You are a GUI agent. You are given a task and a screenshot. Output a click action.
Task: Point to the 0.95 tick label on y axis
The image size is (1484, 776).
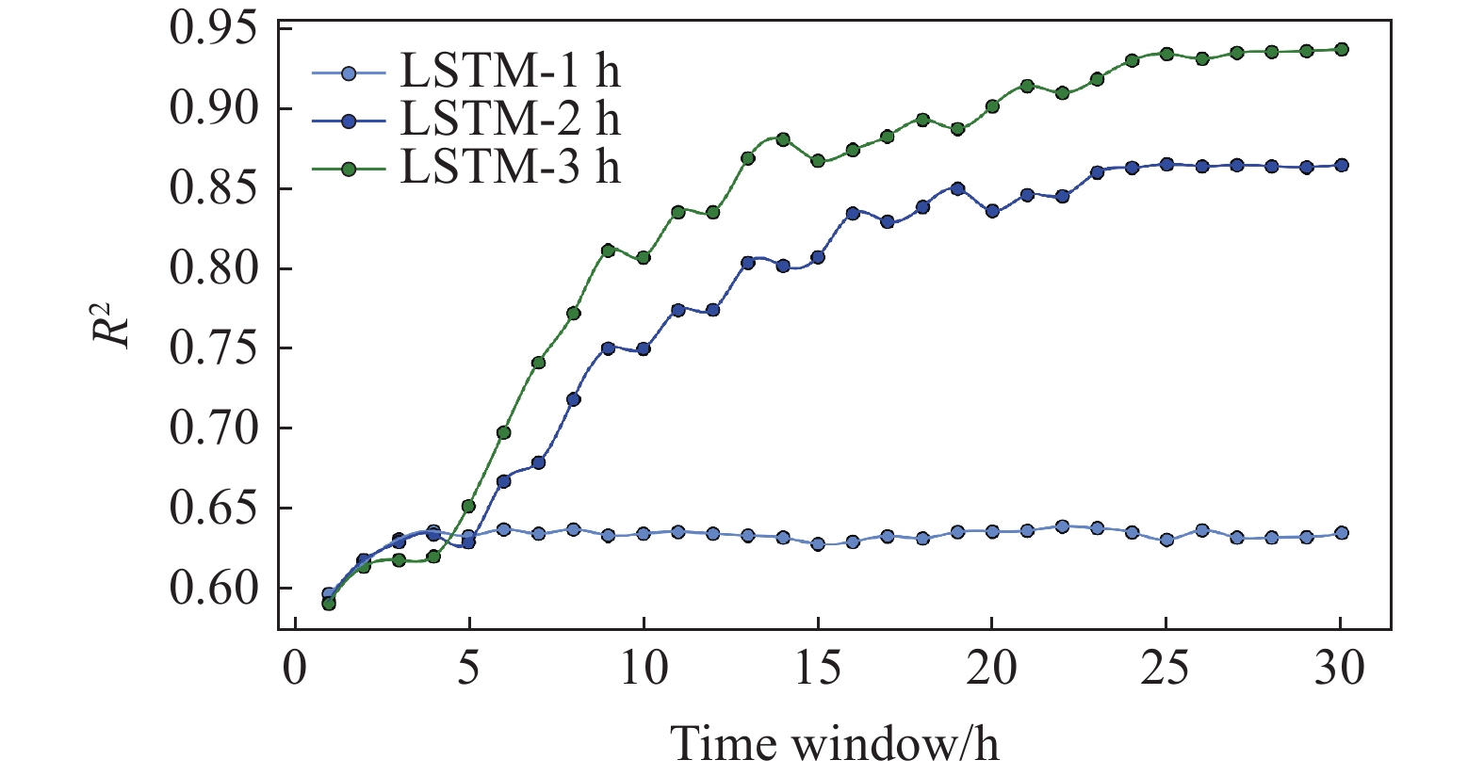pos(213,28)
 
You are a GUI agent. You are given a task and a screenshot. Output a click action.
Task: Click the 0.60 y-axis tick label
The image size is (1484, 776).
pos(213,588)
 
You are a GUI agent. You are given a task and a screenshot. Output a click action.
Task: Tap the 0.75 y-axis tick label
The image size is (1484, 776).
pos(213,348)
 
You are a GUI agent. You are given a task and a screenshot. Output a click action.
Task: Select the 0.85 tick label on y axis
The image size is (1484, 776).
pos(213,188)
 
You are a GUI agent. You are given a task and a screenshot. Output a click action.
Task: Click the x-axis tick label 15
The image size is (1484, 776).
pos(817,669)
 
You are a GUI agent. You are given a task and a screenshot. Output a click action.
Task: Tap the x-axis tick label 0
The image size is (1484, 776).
pos(295,669)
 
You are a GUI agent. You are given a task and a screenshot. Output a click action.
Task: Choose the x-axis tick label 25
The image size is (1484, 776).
pos(1166,669)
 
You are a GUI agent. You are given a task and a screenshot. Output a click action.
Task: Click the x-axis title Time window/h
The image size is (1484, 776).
pos(834,744)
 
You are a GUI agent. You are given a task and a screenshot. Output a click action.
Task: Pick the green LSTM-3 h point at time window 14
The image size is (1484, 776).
pos(783,139)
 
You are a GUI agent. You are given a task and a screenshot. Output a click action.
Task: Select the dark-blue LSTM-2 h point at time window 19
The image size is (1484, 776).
pos(957,188)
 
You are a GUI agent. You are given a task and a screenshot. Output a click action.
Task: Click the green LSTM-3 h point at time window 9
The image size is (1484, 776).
pos(608,251)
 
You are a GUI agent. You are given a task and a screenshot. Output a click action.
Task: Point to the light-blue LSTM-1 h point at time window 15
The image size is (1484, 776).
pos(818,544)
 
